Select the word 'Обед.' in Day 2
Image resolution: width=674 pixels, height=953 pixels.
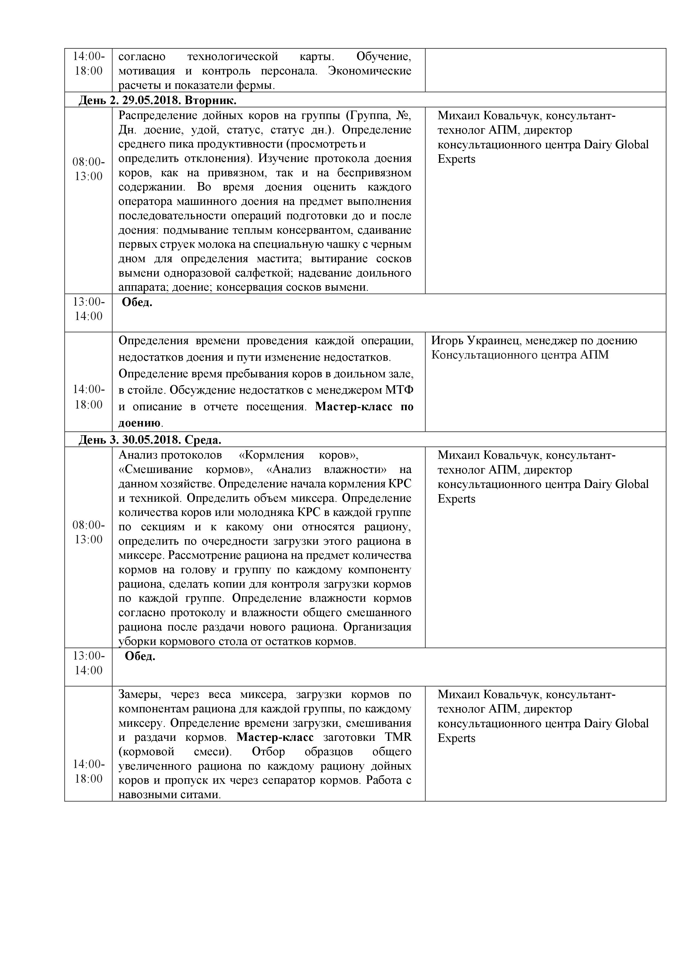pyautogui.click(x=137, y=303)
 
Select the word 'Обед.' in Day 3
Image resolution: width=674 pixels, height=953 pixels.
pyautogui.click(x=140, y=657)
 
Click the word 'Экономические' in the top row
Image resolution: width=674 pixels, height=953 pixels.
pyautogui.click(x=369, y=71)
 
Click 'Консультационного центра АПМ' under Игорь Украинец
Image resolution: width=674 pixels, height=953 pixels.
pyautogui.click(x=520, y=355)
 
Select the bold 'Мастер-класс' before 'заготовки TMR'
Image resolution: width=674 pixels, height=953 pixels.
pyautogui.click(x=275, y=738)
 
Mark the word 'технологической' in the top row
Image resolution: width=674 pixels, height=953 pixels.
pyautogui.click(x=233, y=57)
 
